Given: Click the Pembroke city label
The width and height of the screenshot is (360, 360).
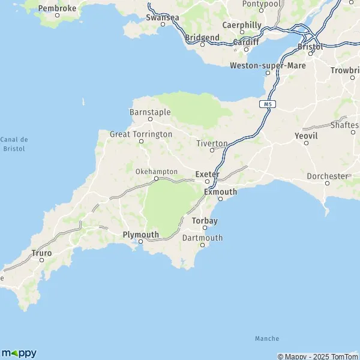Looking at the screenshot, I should point(57,8).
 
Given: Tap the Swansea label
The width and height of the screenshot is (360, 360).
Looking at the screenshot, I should point(162,17).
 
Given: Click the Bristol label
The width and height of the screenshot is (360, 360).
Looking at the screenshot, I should point(310,46).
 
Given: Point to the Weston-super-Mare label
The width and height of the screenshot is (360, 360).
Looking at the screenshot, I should point(268,65).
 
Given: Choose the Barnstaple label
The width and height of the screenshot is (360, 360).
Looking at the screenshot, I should point(150,112).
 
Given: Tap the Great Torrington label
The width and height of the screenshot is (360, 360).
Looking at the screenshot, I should point(141,134).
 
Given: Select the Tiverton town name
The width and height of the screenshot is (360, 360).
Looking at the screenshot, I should point(212,143).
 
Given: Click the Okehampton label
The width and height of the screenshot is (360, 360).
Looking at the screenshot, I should point(156,172).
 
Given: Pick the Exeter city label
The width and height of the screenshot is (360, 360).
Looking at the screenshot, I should point(208,175).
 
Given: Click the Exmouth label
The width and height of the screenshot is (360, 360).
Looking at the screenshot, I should point(220,192).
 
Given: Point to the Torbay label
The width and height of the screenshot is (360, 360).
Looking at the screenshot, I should point(204,221).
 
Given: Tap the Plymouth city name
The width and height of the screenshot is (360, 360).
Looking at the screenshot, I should point(140,235).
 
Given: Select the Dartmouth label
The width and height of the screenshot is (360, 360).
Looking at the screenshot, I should point(202,238).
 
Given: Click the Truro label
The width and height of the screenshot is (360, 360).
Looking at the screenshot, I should point(41,253).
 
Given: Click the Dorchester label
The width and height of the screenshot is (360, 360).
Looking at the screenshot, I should point(328,176).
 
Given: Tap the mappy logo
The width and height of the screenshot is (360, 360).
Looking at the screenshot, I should point(19,353).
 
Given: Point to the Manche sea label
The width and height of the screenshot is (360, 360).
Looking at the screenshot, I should point(266,339).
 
